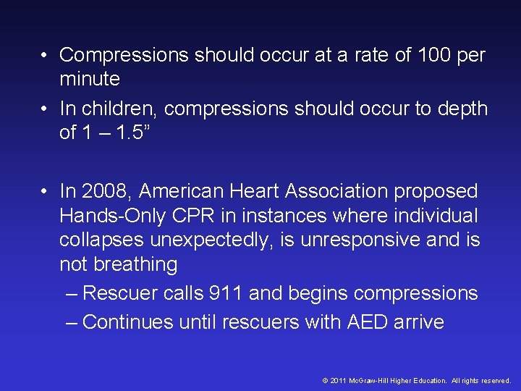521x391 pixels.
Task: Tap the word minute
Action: [x=90, y=78]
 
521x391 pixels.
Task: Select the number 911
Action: [x=226, y=293]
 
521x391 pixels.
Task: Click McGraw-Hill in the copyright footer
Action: [x=375, y=380]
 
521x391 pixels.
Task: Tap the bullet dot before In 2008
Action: [x=46, y=192]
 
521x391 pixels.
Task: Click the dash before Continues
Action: [x=72, y=322]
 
